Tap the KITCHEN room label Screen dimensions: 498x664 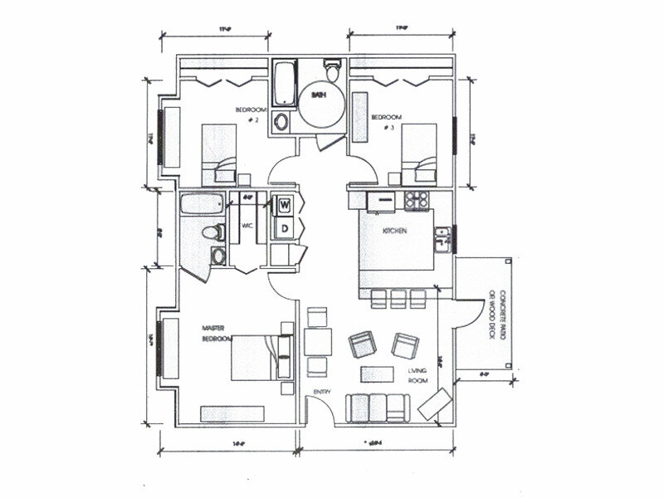393,232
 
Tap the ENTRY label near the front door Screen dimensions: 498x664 323,391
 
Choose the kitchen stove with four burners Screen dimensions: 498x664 415,200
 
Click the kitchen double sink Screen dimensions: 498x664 444,238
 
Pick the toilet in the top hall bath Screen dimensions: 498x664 332,71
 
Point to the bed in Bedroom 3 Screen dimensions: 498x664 417,151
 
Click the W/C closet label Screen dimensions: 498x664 247,225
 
